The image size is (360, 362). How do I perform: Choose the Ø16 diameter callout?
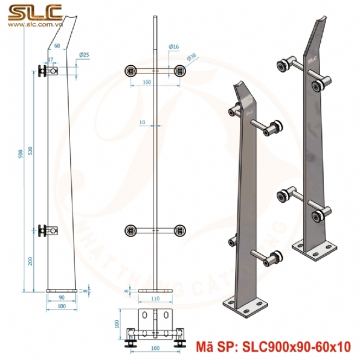[x=173, y=46]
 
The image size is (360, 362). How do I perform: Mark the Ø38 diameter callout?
[x=191, y=56]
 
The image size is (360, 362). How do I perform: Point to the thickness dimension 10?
[x=142, y=122]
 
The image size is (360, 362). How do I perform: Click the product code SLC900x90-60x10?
[x=295, y=346]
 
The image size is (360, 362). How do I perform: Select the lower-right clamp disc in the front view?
[x=179, y=230]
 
